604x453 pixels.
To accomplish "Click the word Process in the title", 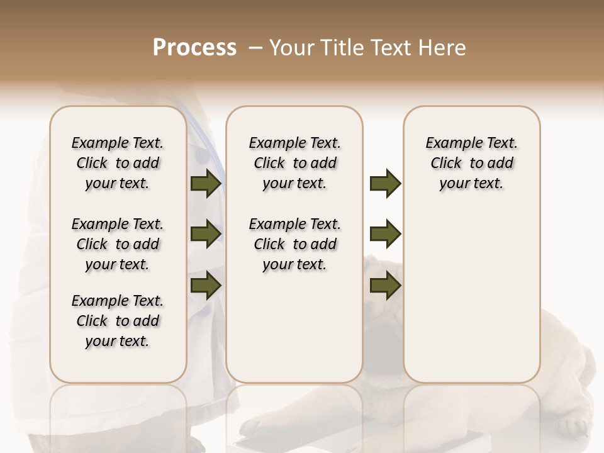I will (x=194, y=47).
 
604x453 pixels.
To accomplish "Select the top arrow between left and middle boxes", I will (x=206, y=184).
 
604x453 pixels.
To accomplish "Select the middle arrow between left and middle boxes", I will (x=206, y=235).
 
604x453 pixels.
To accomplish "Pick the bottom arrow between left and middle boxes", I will (x=206, y=285).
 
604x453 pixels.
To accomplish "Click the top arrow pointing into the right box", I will (x=385, y=184).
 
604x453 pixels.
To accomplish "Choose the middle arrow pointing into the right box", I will (x=385, y=235).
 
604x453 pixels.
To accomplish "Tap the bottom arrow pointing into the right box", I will (x=385, y=285).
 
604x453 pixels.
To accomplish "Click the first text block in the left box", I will (x=118, y=163).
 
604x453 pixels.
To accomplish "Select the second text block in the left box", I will (x=118, y=244).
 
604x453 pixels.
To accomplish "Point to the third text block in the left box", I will (x=118, y=321).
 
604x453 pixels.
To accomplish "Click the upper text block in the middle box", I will (x=294, y=163).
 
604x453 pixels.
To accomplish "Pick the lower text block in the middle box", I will (x=294, y=244).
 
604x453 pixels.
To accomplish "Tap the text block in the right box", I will (x=471, y=163).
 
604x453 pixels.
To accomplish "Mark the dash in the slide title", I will (x=255, y=47).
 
